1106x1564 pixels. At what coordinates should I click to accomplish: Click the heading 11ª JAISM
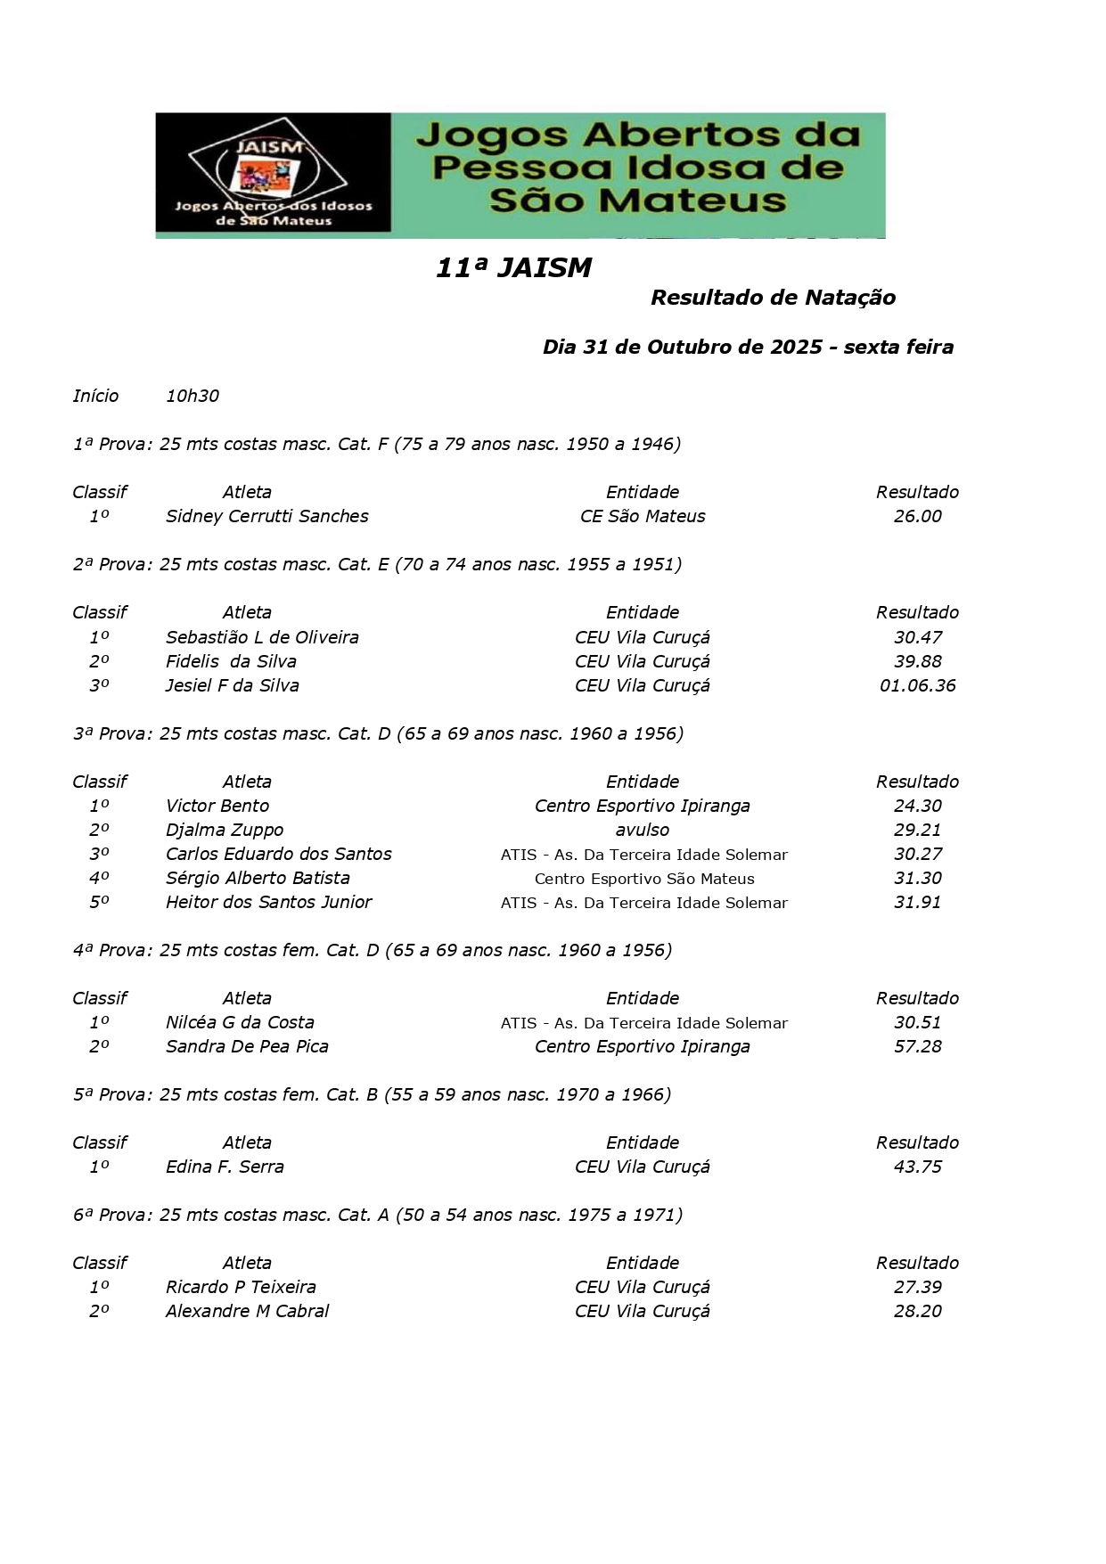click(513, 268)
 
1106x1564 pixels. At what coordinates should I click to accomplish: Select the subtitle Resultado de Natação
click(773, 298)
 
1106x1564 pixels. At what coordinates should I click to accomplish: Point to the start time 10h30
click(193, 396)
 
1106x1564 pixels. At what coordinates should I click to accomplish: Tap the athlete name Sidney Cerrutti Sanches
click(266, 516)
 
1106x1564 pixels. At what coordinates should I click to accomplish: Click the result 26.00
click(917, 516)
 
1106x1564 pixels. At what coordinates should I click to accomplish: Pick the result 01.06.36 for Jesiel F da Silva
click(917, 685)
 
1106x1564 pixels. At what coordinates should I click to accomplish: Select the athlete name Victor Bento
click(217, 806)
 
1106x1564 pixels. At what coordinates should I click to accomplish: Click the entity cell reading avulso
click(642, 830)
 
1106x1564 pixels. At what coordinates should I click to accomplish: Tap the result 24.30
click(917, 806)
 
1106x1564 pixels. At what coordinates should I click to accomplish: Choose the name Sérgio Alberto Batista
click(258, 878)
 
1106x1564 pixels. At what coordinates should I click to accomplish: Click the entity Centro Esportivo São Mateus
click(643, 879)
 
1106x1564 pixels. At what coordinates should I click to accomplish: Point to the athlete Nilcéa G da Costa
click(240, 1022)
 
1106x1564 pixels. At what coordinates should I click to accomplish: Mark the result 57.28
click(917, 1046)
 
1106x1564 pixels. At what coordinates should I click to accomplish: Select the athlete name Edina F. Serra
click(225, 1167)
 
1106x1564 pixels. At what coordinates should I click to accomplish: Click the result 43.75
click(917, 1167)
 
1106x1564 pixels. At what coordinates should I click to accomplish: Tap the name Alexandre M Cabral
click(247, 1311)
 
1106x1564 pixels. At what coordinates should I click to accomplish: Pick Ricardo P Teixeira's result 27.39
click(917, 1287)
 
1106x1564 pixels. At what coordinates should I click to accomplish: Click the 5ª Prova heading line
click(372, 1094)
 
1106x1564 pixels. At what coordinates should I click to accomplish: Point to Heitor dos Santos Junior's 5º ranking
click(99, 902)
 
